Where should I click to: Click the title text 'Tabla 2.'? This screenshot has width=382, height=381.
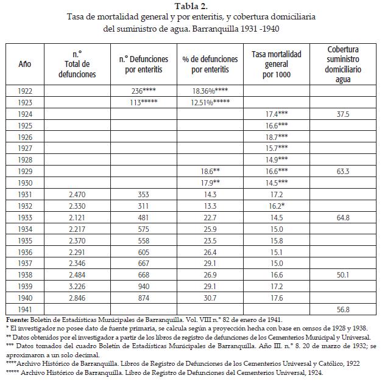tap(191, 7)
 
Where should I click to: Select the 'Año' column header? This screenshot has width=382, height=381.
tap(25, 64)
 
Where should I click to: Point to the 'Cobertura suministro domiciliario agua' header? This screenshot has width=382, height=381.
tap(342, 64)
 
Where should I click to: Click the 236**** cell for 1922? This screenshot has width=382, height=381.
tap(144, 91)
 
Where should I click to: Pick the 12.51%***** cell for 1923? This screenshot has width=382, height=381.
tap(210, 102)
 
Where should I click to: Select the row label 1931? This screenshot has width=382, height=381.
tap(25, 194)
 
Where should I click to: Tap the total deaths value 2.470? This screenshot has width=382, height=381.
tap(79, 194)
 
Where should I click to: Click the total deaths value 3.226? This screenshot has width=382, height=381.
tap(79, 287)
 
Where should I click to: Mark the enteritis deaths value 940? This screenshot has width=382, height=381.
tap(144, 287)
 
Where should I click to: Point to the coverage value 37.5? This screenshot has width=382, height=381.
tap(342, 113)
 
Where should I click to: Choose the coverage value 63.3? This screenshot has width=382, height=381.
tap(342, 172)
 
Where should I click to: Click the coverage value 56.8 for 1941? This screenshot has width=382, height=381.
tap(342, 310)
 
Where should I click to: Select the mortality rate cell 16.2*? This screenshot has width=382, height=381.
tap(276, 206)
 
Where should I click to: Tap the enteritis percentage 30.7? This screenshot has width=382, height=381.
tap(210, 298)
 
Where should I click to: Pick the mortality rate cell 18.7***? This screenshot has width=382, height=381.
tap(276, 137)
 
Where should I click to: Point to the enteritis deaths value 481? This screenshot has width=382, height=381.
tap(144, 217)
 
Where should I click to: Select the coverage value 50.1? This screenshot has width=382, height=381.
tap(342, 275)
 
